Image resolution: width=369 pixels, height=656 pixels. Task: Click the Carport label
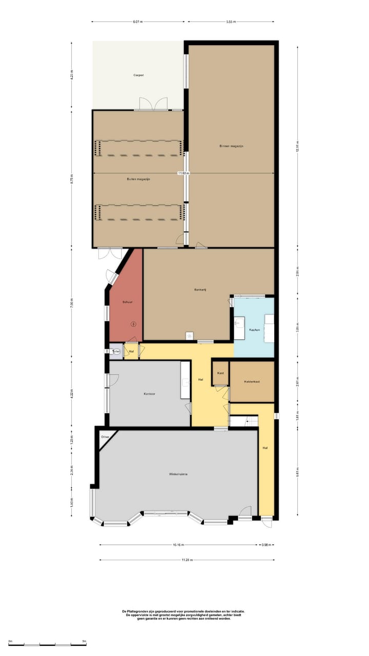point(138,75)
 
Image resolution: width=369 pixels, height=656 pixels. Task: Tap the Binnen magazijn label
point(231,146)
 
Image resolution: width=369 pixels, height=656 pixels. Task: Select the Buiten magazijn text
point(138,179)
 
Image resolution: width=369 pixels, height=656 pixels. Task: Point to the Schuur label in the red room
point(128,302)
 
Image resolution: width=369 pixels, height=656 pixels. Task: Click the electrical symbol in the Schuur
point(134,323)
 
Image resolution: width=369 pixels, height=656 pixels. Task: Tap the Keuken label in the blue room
point(254,330)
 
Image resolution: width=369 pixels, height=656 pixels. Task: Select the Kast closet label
point(220,373)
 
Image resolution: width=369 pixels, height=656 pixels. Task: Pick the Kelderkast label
point(252,382)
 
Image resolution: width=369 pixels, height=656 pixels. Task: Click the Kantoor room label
point(149,394)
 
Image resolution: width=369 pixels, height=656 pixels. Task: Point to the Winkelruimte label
point(176,474)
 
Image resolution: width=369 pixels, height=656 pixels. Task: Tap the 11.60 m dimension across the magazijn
point(183,173)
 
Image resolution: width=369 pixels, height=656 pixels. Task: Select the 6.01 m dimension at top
point(137,22)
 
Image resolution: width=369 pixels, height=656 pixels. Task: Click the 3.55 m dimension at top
point(230,22)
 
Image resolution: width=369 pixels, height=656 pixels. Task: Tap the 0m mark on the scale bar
point(10,641)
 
